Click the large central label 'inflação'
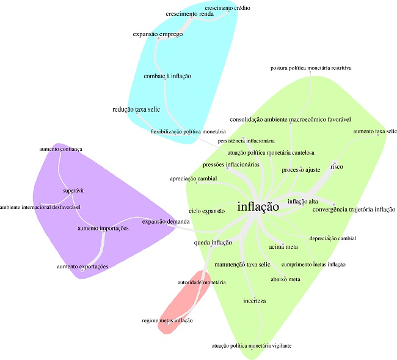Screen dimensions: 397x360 (x=258, y=207)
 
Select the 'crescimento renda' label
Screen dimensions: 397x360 (x=189, y=13)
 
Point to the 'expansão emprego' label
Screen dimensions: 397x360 (x=158, y=35)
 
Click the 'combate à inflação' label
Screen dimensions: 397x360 (x=167, y=76)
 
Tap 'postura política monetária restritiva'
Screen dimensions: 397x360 (x=310, y=68)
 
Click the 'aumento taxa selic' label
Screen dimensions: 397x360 (x=375, y=131)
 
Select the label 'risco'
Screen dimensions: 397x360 (x=337, y=166)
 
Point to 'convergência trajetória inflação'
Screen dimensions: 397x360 (x=354, y=210)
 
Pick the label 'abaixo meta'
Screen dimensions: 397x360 (x=285, y=279)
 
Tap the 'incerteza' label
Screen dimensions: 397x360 (x=255, y=301)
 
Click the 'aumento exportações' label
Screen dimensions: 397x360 (x=82, y=266)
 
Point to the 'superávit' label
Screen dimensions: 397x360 (x=73, y=191)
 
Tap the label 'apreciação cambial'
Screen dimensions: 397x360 (x=194, y=178)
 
